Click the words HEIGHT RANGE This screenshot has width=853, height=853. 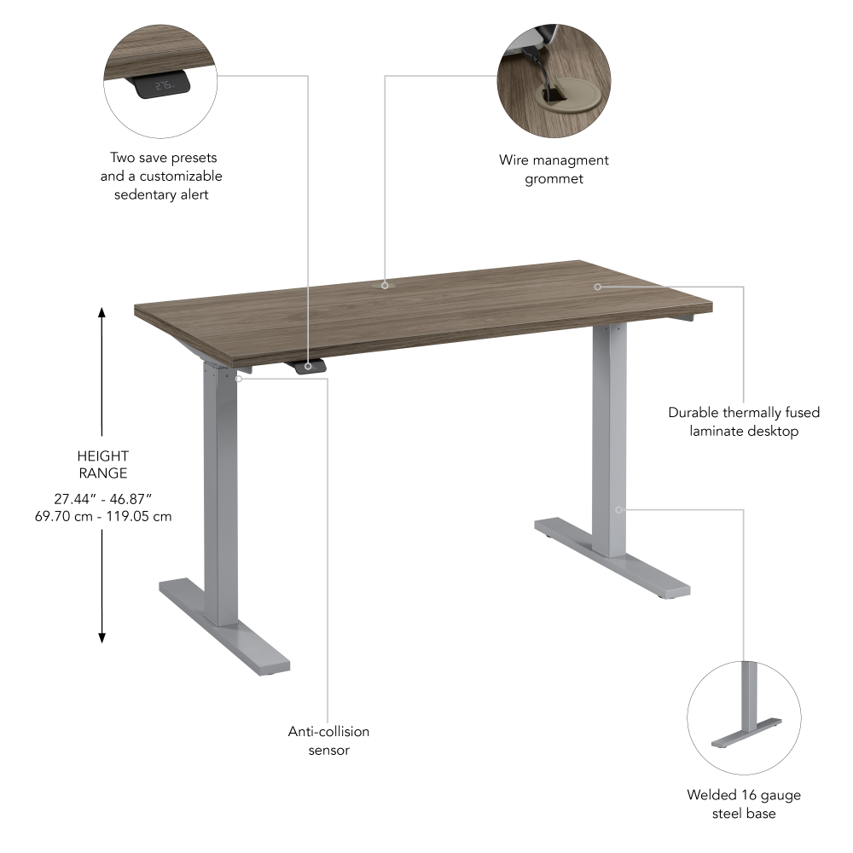[102, 464]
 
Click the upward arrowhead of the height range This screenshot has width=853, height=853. [102, 312]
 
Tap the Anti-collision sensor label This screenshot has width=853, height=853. [328, 740]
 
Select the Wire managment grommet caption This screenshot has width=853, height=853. [554, 169]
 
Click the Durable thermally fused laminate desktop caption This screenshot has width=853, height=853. [744, 421]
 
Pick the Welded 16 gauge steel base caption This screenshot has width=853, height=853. [744, 804]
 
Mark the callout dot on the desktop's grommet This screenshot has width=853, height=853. [385, 285]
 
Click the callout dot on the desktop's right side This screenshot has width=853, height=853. [598, 287]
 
